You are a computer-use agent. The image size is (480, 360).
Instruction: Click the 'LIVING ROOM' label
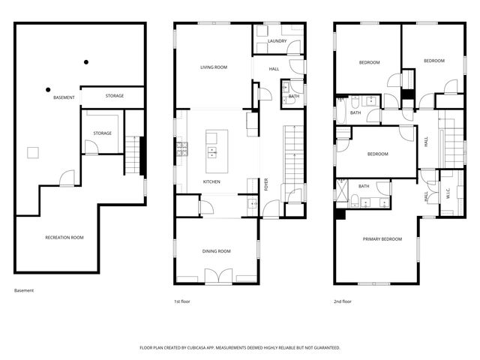tap(214, 67)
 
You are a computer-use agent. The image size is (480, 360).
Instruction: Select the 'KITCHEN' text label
tap(211, 182)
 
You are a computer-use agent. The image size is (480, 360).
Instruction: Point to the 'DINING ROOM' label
tap(215, 251)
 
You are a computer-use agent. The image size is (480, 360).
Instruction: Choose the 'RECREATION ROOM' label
tap(64, 238)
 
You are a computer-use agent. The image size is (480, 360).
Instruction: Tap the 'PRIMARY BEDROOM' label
tap(382, 239)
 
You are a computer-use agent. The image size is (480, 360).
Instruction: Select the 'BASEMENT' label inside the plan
tap(64, 98)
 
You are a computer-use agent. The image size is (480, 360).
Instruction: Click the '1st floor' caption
tap(183, 301)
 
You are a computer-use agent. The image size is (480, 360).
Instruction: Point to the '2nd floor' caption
tap(343, 301)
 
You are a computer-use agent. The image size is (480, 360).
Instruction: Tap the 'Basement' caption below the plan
tap(24, 291)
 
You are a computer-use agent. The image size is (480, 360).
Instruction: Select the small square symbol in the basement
tap(33, 152)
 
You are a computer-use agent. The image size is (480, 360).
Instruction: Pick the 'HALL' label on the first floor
tap(274, 69)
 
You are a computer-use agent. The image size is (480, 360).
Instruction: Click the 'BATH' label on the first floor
tap(293, 96)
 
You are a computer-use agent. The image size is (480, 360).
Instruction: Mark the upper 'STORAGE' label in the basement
tap(115, 96)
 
